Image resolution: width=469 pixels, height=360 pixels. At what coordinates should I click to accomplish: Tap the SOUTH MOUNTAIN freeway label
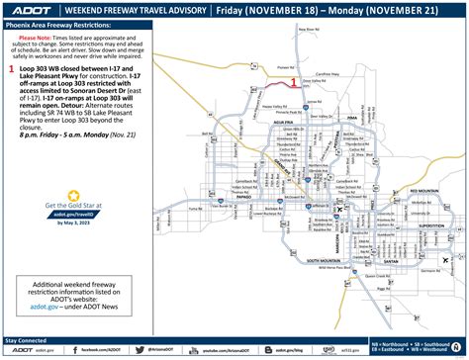click(x=326, y=261)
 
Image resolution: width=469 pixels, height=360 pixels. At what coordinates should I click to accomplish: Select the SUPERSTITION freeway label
click(x=431, y=225)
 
